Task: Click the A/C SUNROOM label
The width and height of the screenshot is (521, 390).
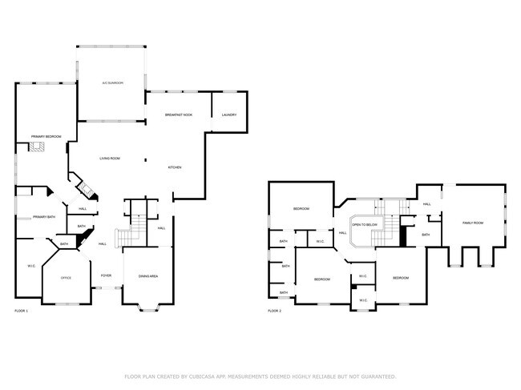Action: [112, 82]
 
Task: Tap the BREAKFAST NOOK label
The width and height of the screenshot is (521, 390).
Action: [178, 115]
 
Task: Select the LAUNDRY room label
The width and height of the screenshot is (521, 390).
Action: [228, 115]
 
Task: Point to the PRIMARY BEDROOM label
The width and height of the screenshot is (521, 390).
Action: [46, 137]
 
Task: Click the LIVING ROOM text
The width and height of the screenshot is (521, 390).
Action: [110, 159]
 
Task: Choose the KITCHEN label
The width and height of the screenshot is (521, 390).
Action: [174, 167]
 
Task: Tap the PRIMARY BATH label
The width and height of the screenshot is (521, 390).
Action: [44, 217]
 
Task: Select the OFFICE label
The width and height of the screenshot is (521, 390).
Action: [67, 278]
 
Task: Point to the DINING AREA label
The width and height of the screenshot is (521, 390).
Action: [148, 276]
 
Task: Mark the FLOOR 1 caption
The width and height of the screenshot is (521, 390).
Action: [22, 311]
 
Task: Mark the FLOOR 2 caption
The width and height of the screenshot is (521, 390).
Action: [274, 311]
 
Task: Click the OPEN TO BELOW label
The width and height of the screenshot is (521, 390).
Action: [365, 225]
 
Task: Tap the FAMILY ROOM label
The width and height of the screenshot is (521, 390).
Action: [473, 223]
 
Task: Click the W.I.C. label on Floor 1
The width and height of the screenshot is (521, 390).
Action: [31, 266]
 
